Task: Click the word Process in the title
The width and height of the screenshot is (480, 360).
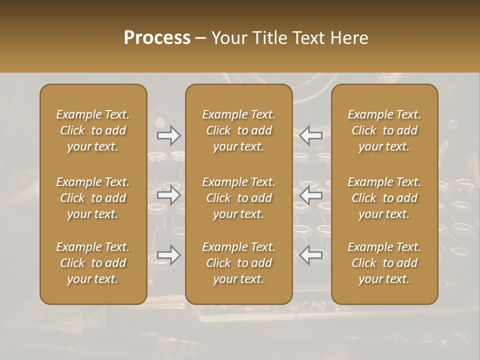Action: coord(157,37)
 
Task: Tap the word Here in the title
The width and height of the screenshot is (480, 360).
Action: coord(349,37)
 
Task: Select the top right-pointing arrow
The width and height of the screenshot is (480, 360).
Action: coord(168,135)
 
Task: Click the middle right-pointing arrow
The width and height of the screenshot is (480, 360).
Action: coord(168,195)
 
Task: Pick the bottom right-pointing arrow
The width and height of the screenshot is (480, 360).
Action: coord(168,255)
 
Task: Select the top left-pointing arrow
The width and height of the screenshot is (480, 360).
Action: coord(311,135)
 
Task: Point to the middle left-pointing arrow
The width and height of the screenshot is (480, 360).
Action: coord(311,195)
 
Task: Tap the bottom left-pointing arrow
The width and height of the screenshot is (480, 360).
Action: coord(311,255)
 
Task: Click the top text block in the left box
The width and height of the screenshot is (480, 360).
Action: coord(93,130)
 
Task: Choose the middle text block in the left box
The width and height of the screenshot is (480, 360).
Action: coord(93,198)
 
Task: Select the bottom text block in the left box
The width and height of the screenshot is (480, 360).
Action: coord(93,263)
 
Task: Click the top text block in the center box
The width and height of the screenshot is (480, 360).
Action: coord(239,130)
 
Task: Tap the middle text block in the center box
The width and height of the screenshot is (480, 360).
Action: coord(239,198)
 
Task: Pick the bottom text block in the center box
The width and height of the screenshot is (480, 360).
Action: coord(239,263)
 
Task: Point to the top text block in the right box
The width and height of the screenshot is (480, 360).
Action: coord(384,130)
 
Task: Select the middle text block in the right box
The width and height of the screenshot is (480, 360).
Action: coord(384,198)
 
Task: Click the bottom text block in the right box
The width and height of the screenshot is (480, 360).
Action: coord(384,263)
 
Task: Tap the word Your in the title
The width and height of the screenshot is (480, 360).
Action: coord(228,37)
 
